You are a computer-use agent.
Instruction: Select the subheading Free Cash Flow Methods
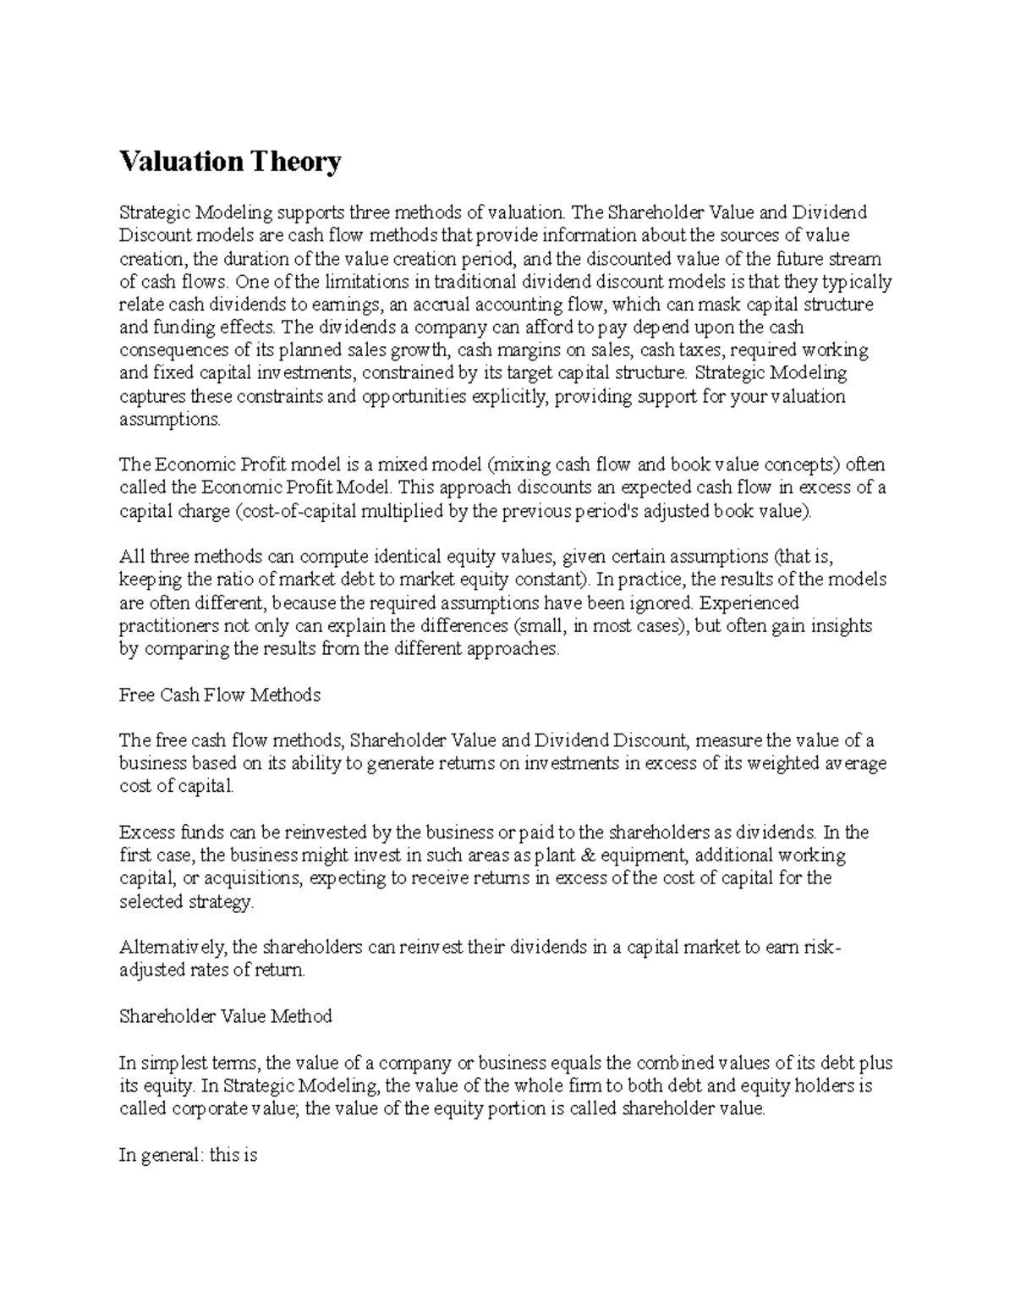click(220, 695)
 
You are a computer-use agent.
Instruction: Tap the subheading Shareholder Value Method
click(226, 1015)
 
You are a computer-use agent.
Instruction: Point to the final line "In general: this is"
click(188, 1154)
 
